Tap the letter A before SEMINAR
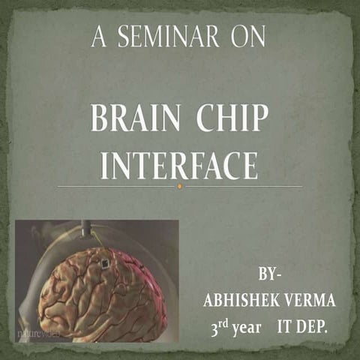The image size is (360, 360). click(97, 38)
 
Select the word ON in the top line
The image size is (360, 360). click(247, 38)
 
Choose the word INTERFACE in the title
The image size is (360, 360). click(178, 166)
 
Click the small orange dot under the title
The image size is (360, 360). click(179, 186)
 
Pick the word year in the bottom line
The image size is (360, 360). click(246, 329)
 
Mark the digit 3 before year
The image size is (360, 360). click(215, 329)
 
